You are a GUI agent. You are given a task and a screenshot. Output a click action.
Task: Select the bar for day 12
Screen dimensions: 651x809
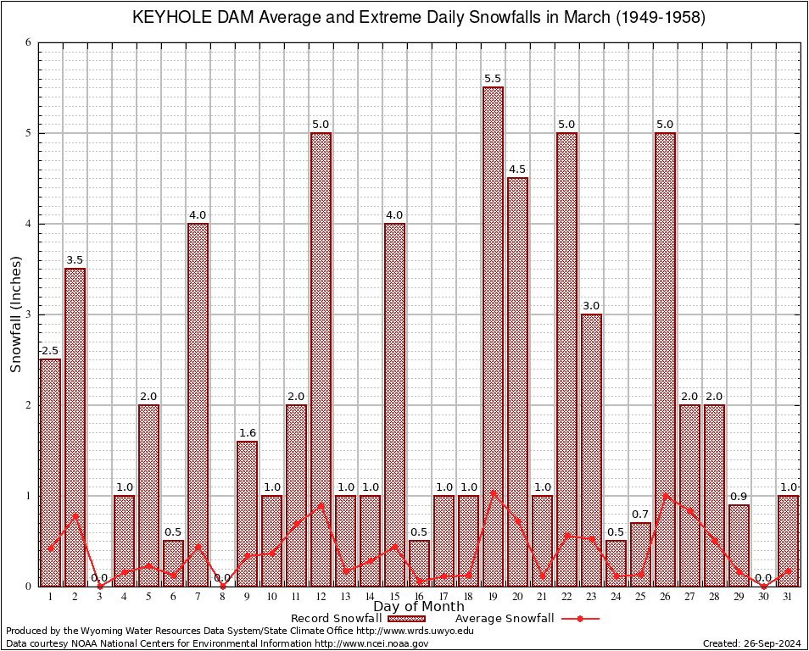pos(321,359)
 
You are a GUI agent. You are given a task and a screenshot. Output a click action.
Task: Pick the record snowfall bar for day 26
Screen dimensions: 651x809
pos(665,359)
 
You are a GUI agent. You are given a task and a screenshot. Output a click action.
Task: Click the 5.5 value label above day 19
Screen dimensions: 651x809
pos(493,79)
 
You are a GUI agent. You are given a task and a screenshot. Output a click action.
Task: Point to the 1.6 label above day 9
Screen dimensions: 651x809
pos(247,433)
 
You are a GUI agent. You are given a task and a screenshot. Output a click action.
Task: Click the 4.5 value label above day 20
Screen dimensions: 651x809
pos(517,170)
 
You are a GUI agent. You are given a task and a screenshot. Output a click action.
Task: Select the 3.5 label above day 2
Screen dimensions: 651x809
pos(75,260)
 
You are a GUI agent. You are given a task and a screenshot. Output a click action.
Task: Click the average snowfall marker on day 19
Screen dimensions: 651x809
pos(493,492)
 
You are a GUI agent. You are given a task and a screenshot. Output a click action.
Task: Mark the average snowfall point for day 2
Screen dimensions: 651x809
pos(75,515)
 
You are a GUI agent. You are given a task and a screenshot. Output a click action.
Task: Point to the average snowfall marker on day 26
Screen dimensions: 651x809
pos(665,494)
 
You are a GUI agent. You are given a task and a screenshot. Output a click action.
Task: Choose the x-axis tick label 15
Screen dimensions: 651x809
pos(394,597)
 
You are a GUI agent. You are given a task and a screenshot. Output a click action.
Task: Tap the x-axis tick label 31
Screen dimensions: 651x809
pos(788,597)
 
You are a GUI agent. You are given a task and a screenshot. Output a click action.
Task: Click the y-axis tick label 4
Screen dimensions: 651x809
pos(28,224)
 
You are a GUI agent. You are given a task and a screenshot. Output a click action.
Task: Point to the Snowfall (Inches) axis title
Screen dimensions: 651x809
pos(16,314)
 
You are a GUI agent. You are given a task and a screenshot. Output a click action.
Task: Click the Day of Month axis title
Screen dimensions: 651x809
pos(418,607)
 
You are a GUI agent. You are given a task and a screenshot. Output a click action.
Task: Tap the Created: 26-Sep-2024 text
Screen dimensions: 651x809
pos(751,643)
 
